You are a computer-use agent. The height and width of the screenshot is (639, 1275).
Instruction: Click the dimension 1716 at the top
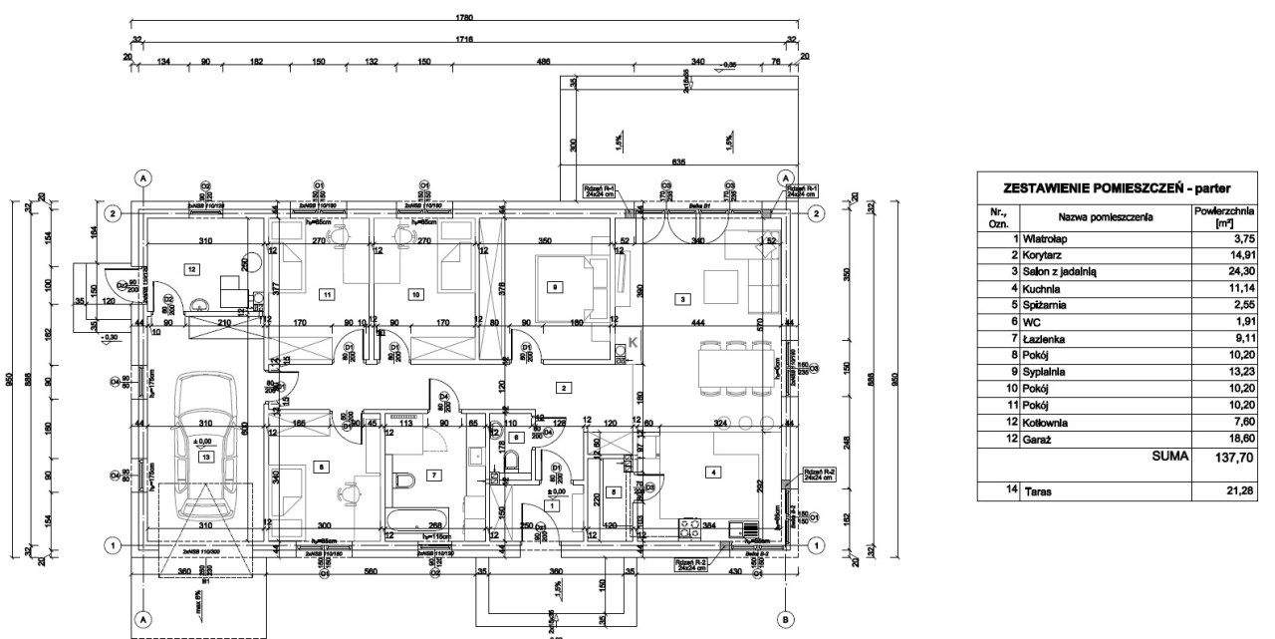coord(463,39)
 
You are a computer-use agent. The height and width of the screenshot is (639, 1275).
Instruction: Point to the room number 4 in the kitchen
coord(712,472)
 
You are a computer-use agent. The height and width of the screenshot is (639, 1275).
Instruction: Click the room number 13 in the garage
coord(206,457)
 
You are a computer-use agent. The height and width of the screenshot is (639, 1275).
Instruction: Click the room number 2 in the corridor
coord(563,387)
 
